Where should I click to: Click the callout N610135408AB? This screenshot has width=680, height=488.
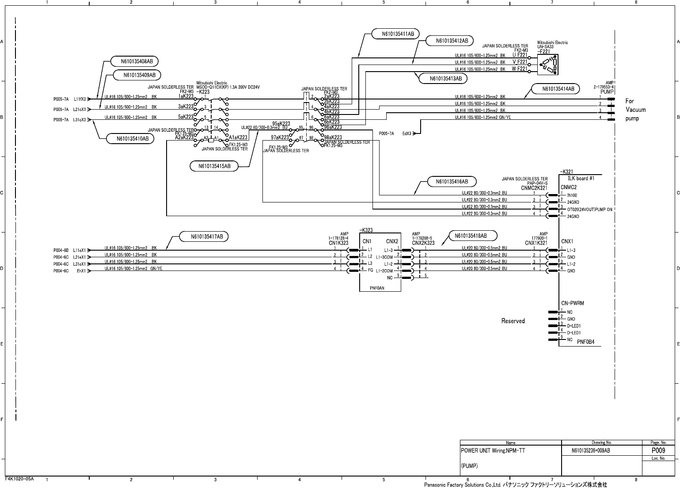133,61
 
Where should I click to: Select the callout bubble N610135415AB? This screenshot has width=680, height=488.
214,166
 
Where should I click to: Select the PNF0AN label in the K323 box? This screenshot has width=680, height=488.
377,287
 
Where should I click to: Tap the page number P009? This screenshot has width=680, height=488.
658,451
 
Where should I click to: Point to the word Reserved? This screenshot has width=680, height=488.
513,321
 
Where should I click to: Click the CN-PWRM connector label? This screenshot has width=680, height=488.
573,303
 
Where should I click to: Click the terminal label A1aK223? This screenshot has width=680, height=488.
238,137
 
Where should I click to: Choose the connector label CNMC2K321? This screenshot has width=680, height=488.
534,188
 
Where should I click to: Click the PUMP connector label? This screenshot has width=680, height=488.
607,92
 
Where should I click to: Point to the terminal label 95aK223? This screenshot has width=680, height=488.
281,123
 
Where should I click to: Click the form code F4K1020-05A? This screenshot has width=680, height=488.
19,479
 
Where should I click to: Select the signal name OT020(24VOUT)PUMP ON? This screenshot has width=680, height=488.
589,209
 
